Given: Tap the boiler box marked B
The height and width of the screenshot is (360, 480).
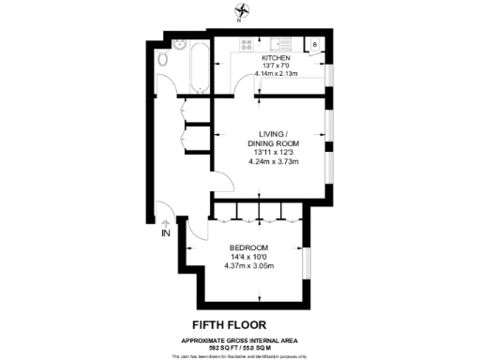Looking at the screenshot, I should click(x=315, y=44).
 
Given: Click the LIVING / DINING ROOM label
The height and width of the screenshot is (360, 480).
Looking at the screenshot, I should click(x=273, y=139).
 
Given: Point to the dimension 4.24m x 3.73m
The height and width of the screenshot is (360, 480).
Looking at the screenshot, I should click(x=273, y=161).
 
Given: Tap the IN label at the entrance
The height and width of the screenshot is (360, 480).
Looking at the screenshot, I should click(x=166, y=232).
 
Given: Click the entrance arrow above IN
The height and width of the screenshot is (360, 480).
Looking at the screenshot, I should click(x=166, y=222).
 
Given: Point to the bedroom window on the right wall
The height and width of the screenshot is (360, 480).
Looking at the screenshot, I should click(x=307, y=262).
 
